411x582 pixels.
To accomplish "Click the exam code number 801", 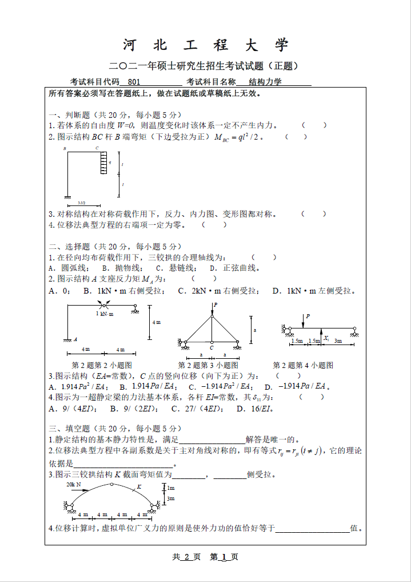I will click(134, 82).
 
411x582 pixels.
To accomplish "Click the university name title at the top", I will click(206, 45).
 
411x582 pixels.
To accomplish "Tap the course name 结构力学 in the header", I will click(265, 82).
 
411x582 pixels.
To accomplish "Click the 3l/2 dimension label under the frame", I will click(81, 203).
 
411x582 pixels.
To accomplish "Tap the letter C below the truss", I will click(212, 347).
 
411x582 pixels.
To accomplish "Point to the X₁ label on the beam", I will click(326, 338).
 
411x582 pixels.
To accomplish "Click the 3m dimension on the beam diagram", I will click(338, 341).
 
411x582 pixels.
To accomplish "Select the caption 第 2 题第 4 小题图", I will click(303, 365).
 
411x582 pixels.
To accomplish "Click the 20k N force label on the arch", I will click(73, 484).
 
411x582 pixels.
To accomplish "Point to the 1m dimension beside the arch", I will click(170, 488).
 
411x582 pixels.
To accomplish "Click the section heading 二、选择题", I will click(69, 247).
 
